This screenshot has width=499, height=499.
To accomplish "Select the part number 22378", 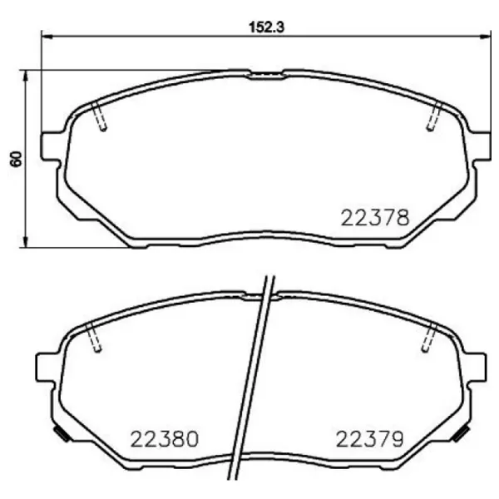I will pos(375,218).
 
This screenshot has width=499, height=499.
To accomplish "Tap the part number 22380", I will pos(165,438).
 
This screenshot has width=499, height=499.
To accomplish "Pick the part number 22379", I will pos(369,438).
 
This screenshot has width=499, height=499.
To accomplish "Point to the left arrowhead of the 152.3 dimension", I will pos(47,36).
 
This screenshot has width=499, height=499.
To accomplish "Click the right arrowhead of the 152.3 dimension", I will pos(486,36).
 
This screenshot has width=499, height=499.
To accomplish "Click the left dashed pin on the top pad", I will pos(99,116).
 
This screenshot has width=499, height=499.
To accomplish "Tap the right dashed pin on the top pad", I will pos(434,116).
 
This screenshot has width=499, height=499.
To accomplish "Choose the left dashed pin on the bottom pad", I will pos(94,338).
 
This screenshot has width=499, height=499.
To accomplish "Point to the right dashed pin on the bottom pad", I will pos(430,338).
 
